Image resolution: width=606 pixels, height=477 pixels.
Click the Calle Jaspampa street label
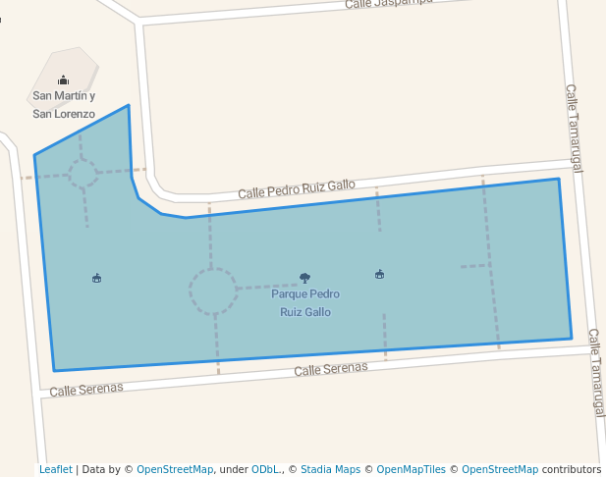coord(390,4)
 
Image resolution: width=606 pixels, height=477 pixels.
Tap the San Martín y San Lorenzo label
coord(64,105)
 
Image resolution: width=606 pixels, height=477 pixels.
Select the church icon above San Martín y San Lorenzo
coord(63,79)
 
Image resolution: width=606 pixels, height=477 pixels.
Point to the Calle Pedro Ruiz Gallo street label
coord(297,186)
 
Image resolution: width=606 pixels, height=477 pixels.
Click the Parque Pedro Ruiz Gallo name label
coord(305,303)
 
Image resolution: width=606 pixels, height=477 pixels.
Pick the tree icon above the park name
coord(304,278)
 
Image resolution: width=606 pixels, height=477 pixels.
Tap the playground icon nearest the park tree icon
coord(379,274)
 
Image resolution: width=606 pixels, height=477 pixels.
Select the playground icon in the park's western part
coord(96,278)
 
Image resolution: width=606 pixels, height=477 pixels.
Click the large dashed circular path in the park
coord(213,291)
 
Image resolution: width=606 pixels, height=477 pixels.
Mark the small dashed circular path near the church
coord(83,174)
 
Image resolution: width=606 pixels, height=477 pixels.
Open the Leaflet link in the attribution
coord(56,469)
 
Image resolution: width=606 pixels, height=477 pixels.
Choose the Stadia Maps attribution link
coord(330,469)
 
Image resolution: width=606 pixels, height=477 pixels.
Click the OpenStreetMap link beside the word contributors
coord(500,469)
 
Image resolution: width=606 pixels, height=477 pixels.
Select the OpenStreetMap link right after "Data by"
coord(175,469)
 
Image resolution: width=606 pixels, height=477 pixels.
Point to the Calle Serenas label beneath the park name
coord(331,369)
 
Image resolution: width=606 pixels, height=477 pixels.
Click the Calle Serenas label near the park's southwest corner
coord(86,389)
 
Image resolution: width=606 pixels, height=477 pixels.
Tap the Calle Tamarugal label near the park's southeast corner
coord(596,373)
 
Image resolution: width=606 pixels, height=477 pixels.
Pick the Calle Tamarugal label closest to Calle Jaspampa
coord(574,128)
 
